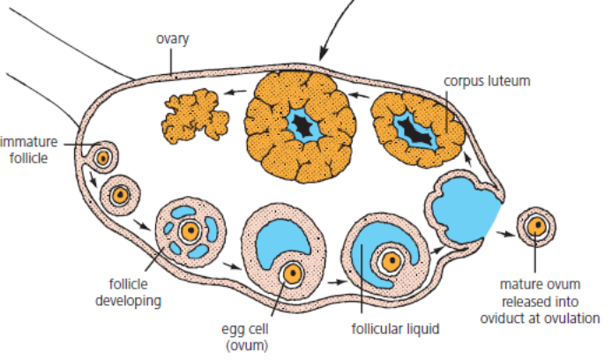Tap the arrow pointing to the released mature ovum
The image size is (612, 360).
(x=504, y=235)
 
